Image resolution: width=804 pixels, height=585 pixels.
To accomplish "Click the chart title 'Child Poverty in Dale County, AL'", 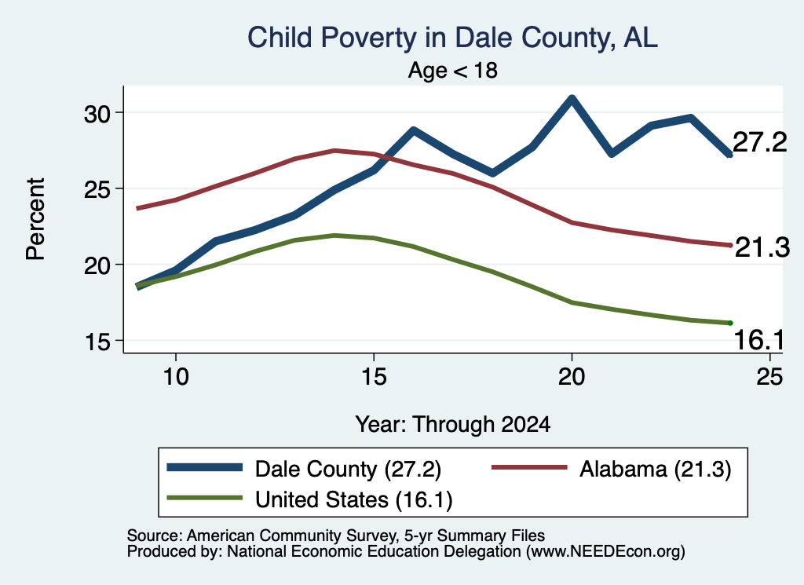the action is tap(452, 38).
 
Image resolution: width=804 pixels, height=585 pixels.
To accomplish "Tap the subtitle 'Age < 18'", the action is tap(453, 70).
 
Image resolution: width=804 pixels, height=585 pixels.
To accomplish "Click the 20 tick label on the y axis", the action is tap(97, 265).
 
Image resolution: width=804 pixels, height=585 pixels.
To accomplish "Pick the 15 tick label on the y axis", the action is tap(97, 342).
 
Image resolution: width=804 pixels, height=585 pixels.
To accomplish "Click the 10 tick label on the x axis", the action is tap(176, 377).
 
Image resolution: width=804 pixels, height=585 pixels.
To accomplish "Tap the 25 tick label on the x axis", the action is tap(769, 377).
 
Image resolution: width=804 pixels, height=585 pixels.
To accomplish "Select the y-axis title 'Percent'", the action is tap(36, 219).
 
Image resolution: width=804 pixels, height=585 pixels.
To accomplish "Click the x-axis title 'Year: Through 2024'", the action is tap(453, 425).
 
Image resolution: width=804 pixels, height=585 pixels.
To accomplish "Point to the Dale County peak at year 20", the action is tap(572, 98).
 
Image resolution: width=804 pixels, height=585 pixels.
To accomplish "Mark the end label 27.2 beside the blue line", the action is tap(759, 142).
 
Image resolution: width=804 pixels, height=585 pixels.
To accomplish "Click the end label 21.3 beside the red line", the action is tap(762, 247).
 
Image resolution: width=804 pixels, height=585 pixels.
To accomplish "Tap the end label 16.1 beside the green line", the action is tap(759, 340).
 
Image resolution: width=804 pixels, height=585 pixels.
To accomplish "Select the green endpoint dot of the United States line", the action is tap(730, 323).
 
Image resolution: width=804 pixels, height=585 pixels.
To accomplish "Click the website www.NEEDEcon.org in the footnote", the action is tap(605, 552).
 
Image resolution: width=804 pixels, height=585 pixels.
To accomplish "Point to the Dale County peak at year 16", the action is tap(413, 130).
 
